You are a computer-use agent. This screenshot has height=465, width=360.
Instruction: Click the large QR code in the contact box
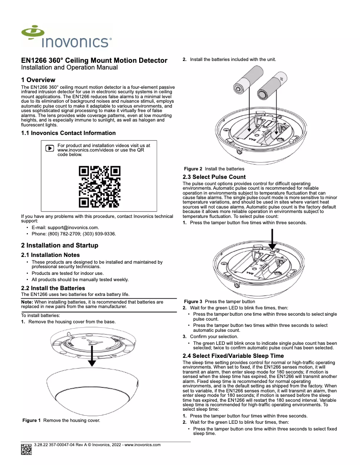100,187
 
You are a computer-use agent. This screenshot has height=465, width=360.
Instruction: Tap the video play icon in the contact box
50,148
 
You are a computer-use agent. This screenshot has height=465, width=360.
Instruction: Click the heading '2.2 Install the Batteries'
53,288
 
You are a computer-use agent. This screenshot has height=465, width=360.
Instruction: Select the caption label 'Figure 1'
31,421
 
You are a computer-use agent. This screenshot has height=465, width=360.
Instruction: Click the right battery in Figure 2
271,85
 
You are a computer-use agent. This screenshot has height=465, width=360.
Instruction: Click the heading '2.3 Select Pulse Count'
214,177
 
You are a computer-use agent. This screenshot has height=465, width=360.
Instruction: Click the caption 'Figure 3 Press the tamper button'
220,302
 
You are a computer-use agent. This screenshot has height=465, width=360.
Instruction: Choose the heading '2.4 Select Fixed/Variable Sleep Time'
233,356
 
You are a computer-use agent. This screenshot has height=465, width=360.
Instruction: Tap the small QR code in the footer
26,449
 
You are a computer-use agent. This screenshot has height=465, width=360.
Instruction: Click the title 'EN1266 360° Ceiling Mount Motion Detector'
94,61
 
